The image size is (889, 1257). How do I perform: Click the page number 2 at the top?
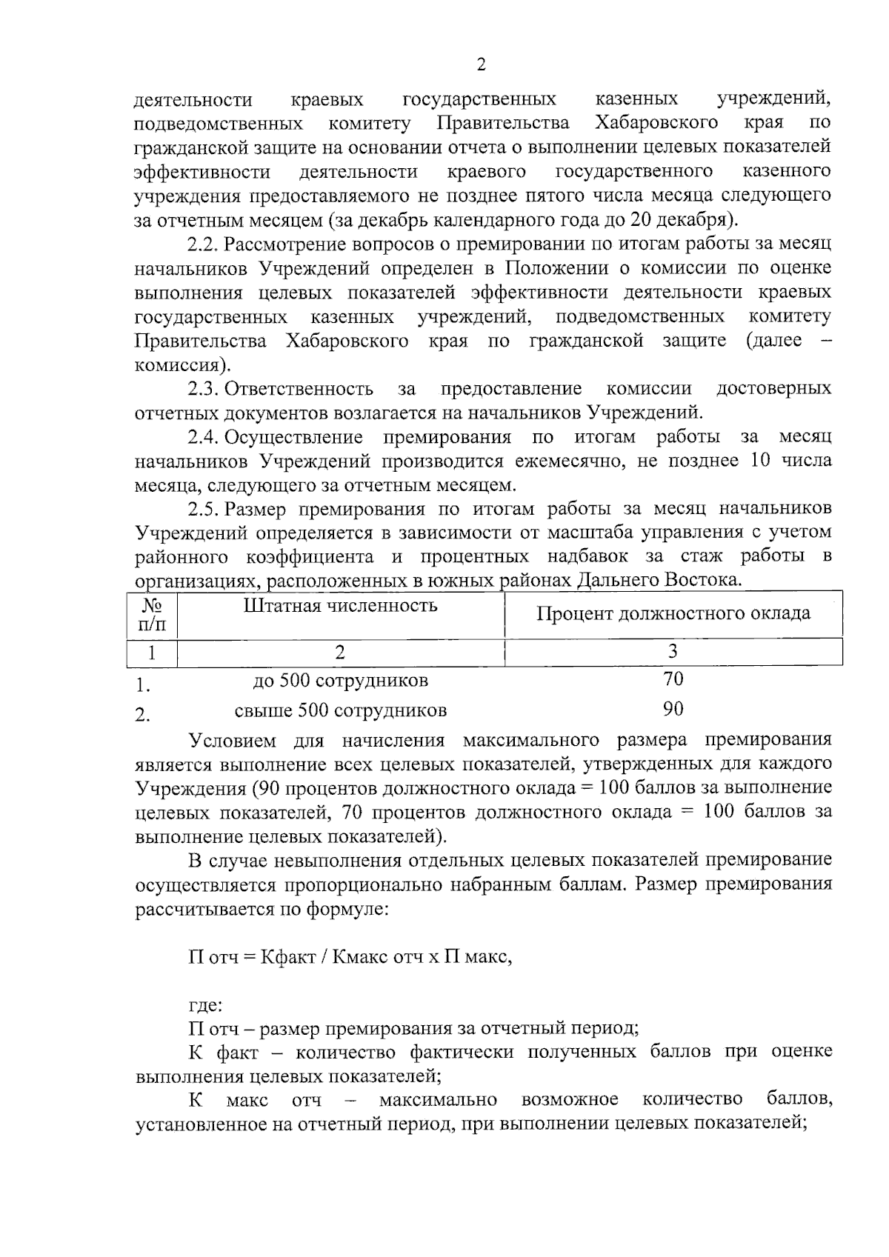tap(481, 65)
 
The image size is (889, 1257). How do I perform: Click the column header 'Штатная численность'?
tap(341, 605)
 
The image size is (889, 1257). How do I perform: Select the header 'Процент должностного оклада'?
tap(673, 613)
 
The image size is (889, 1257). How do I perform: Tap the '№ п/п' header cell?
tap(152, 614)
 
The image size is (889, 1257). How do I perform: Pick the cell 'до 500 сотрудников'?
tap(341, 679)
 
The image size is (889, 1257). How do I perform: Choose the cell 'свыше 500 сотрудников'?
tap(341, 711)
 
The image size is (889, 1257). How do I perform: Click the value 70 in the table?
tap(673, 678)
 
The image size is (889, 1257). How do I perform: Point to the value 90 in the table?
tap(673, 709)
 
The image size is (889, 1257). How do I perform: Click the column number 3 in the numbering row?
tap(673, 651)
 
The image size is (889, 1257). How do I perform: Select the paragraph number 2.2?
tap(203, 244)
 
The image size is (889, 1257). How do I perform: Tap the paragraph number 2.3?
tap(203, 388)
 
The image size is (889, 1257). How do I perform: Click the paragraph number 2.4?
tap(203, 437)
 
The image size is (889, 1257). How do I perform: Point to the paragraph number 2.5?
tap(203, 509)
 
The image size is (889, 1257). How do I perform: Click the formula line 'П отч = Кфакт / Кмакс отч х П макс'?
tap(350, 956)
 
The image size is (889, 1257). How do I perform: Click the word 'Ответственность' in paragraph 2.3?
tap(299, 388)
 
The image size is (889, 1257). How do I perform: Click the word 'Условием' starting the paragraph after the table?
tap(233, 740)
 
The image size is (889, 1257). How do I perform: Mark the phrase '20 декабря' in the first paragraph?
tap(676, 219)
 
